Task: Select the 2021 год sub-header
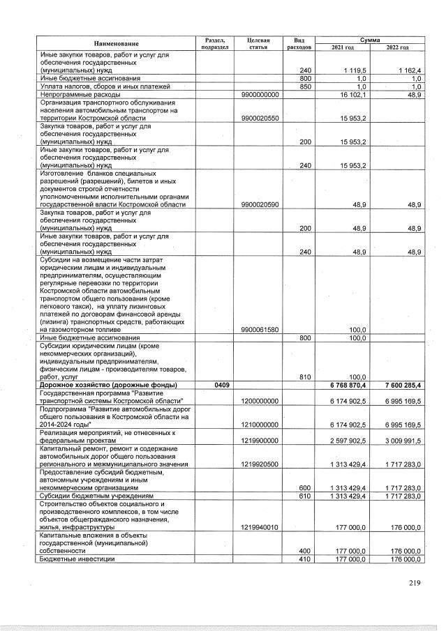pos(352,47)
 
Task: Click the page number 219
pos(415,584)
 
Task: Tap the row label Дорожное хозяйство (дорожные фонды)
pos(108,386)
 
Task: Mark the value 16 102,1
pos(355,94)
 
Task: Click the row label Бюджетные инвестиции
pos(77,559)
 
